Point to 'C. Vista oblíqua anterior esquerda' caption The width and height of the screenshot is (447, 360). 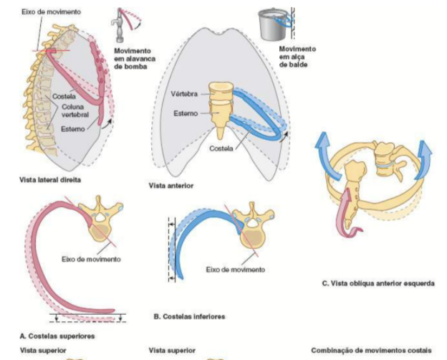tap(378, 284)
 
